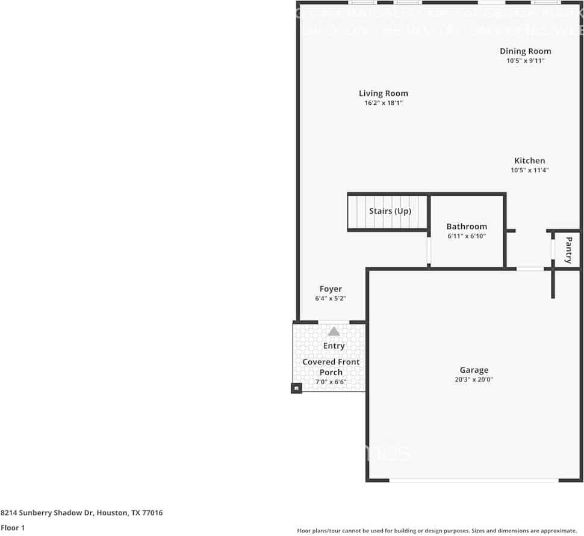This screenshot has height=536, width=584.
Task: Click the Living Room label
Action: pos(384,93)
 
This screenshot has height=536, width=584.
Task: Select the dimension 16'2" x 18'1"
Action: pos(384,104)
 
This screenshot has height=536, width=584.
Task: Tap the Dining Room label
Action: pos(525,51)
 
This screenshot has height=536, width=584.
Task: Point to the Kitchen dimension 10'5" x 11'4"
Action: pos(529,170)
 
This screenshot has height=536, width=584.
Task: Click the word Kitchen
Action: pos(529,161)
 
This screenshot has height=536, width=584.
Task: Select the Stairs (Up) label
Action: pos(390,211)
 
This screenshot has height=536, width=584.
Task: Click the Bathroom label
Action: pos(467,226)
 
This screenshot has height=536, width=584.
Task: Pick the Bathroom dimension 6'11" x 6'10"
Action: pos(467,236)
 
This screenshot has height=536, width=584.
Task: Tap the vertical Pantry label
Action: pos(568,250)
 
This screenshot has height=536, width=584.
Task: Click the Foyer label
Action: pos(331,289)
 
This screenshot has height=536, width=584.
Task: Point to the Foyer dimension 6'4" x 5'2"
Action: pos(331,299)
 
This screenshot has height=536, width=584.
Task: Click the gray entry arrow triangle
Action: pos(334,331)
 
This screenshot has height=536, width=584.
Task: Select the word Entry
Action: pos(334,346)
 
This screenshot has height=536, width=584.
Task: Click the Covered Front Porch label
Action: pos(331,367)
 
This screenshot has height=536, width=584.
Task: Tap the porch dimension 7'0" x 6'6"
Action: pos(331,382)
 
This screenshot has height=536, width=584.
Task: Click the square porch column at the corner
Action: pos(296,388)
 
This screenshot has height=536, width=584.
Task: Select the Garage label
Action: pos(474,370)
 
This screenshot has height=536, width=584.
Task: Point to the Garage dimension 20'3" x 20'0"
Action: pos(474,379)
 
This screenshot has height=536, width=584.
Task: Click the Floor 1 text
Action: pos(12,528)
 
